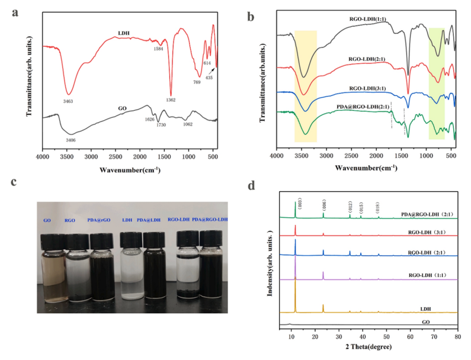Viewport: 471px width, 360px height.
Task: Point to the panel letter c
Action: click(x=12, y=182)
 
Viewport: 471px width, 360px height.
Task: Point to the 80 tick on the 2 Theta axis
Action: click(x=457, y=336)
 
